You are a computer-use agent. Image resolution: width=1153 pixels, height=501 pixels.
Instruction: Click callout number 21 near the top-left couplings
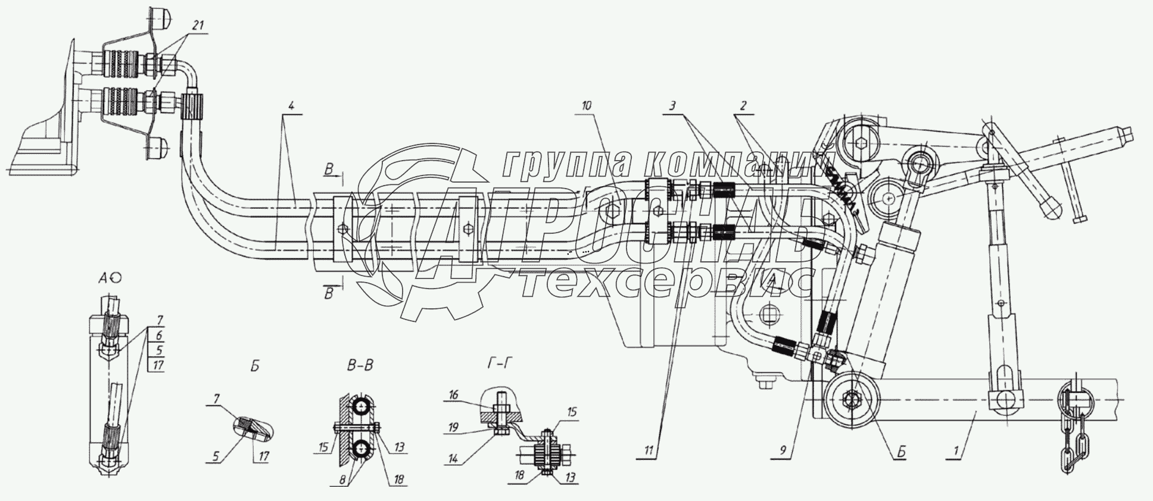click(x=198, y=26)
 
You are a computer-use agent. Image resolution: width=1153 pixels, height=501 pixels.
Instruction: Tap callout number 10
click(x=586, y=105)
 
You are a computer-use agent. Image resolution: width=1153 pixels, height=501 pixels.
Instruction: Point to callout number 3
click(x=672, y=106)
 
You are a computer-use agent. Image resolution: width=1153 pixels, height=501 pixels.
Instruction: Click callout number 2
click(x=743, y=106)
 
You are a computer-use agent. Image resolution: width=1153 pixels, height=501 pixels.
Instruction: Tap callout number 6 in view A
click(x=158, y=335)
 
